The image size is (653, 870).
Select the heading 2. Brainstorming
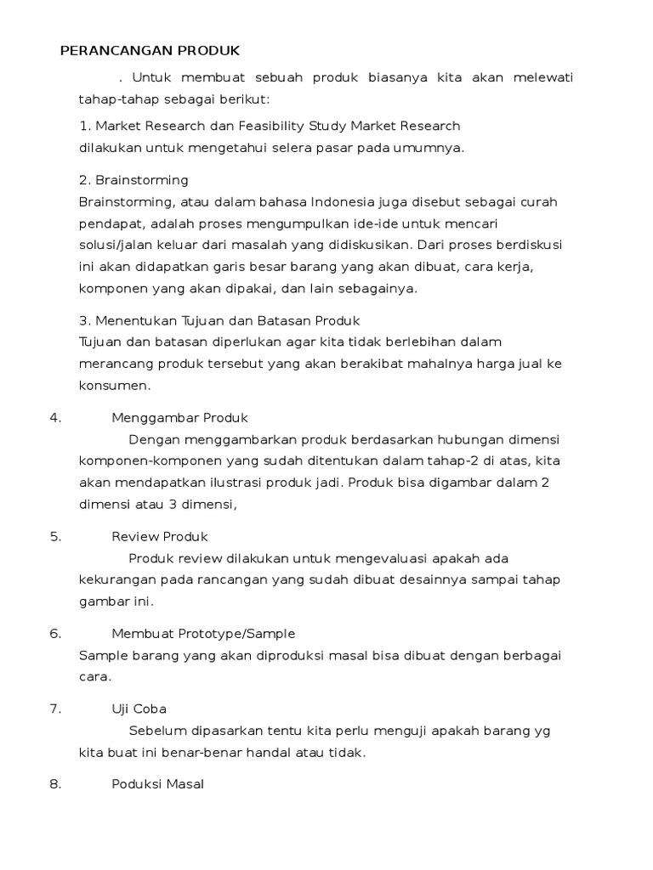coord(133,181)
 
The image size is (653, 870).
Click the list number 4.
coord(56,418)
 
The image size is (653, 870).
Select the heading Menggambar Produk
coord(179,418)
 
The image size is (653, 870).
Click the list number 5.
coord(56,537)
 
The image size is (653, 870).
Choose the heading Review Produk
coord(160,537)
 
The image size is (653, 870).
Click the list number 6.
coord(56,634)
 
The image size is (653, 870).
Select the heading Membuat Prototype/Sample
coord(203,634)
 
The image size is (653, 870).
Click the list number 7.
coord(56,709)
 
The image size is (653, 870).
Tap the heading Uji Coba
coord(139,709)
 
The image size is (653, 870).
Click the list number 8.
coord(56,784)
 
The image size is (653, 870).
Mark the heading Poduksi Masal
coord(158,784)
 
